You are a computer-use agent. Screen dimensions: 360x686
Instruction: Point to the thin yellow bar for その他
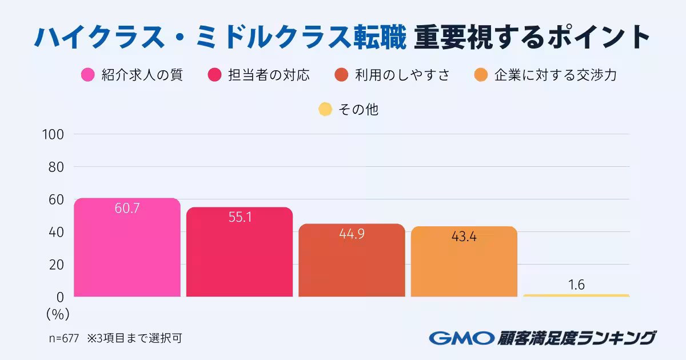pyautogui.click(x=576, y=295)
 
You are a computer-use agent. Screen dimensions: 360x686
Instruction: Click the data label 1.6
pyautogui.click(x=576, y=285)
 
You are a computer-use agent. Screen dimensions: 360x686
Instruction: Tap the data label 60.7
pyautogui.click(x=127, y=209)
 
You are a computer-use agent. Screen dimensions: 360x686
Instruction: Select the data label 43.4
pyautogui.click(x=464, y=236)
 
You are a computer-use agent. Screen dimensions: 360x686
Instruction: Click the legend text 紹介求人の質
pyautogui.click(x=142, y=75)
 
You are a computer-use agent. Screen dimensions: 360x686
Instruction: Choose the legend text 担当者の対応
pyautogui.click(x=269, y=75)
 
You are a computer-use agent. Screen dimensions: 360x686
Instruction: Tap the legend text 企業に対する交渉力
pyautogui.click(x=555, y=75)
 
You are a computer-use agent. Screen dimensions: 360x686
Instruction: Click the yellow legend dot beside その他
pyautogui.click(x=325, y=109)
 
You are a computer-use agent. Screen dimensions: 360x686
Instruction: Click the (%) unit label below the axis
pyautogui.click(x=57, y=314)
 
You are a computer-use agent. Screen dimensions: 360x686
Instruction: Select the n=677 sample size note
pyautogui.click(x=63, y=338)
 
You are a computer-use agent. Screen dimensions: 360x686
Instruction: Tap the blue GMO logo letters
pyautogui.click(x=461, y=338)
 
